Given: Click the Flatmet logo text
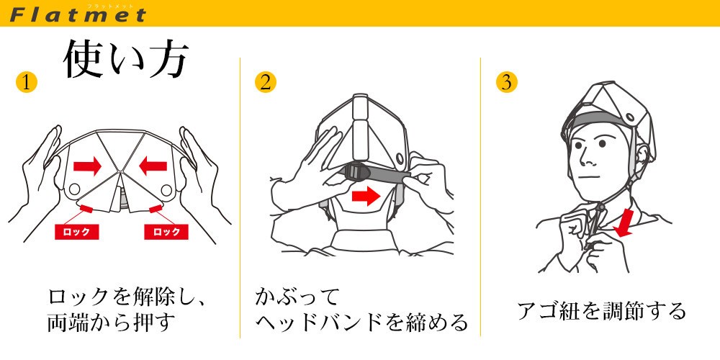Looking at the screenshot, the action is pos(78,14).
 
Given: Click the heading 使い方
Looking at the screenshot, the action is pos(125,60).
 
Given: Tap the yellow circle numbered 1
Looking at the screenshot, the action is pos(26,83).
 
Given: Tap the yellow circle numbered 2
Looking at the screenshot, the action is pos(266,82).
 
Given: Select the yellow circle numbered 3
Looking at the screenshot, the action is pos(506,82).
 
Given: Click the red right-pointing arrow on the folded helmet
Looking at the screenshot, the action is pos(87,166).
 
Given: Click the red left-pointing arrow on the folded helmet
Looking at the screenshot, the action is pos(153,166).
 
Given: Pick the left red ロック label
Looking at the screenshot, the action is pos(77,232).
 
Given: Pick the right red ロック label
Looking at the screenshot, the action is pos(166,232).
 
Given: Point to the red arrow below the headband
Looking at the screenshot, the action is pos(366,196).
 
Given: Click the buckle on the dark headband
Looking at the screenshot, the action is pos(356,174).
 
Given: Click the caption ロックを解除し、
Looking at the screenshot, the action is pos(127,297).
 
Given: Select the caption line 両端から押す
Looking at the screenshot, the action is pos(112,323).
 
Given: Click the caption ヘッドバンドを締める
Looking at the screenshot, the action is pos(362,323).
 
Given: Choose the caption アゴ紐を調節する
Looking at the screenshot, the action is pos(601,311).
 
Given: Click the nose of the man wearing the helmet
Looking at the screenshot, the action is pos(584,158).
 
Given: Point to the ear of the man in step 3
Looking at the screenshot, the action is pos(641,154).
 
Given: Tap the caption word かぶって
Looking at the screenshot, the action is pos(297,297).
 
